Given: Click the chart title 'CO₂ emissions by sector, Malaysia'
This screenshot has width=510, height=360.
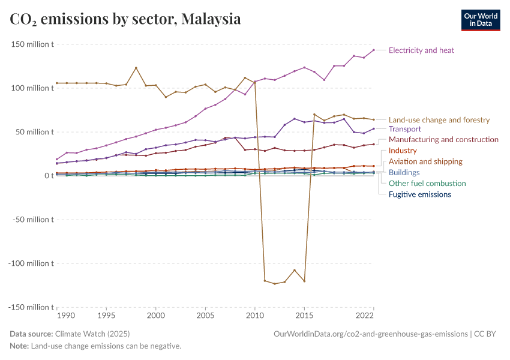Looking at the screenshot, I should [125, 19].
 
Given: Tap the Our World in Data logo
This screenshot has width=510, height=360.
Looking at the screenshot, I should [480, 20].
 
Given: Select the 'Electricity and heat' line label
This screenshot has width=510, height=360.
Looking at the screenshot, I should [421, 50].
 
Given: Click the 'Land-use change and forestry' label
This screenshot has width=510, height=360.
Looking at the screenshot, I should [439, 120].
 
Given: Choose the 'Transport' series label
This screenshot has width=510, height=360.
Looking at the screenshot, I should [404, 129].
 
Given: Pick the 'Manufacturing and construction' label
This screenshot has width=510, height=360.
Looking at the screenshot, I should [443, 140].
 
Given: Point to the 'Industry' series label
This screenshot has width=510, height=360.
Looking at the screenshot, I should [403, 151].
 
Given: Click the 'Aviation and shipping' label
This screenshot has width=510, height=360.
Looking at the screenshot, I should [425, 161].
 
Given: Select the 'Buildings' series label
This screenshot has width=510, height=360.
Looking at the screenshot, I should [404, 172].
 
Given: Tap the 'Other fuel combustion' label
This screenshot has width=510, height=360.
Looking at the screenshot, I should [427, 184].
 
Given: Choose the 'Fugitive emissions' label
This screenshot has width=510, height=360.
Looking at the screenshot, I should [419, 194].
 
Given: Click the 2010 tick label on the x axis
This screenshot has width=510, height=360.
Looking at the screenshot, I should [255, 315].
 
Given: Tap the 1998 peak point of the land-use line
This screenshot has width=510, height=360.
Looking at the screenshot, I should [136, 68].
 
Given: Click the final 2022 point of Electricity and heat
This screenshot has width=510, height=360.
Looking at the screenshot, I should [373, 50].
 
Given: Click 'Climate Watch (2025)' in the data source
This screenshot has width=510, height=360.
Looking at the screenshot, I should [92, 334].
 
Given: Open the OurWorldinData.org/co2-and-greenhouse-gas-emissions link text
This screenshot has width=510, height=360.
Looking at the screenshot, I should [370, 334].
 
